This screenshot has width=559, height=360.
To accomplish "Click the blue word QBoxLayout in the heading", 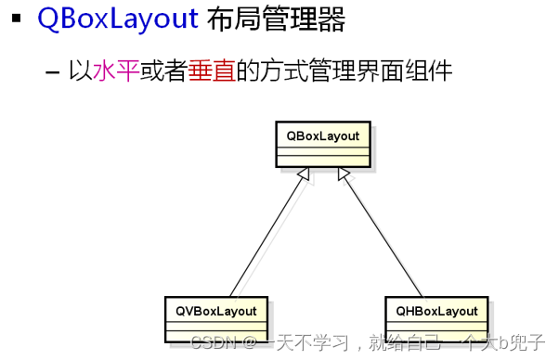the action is coord(118,19).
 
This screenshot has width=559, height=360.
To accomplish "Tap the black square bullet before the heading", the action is coord(16,18).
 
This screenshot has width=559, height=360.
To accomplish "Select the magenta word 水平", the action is coord(116,71).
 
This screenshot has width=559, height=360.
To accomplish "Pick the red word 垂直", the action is coord(212,71).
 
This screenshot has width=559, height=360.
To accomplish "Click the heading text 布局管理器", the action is coord(277,19).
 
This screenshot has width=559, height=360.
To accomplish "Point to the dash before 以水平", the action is coord(52,72).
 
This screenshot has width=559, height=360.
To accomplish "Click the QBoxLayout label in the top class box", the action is coord(323,136).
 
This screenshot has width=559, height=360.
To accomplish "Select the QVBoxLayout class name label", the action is coord(216,311).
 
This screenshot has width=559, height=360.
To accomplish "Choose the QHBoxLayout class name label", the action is coord(436,311).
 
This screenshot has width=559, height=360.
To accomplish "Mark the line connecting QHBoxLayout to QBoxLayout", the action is coord(383,236).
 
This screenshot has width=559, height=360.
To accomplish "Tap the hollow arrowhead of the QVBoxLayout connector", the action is coord(304,174).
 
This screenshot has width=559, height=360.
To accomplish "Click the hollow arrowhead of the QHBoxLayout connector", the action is coord(344,174).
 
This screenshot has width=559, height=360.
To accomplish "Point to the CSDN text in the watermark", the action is coord(214,342).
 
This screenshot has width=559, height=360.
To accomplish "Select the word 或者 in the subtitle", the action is coord(163,71).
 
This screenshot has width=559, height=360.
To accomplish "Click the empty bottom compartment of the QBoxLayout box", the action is coord(323,161).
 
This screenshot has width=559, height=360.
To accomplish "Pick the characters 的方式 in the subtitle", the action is coord(272,71).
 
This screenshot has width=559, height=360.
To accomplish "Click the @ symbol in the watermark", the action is coord(250,343).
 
